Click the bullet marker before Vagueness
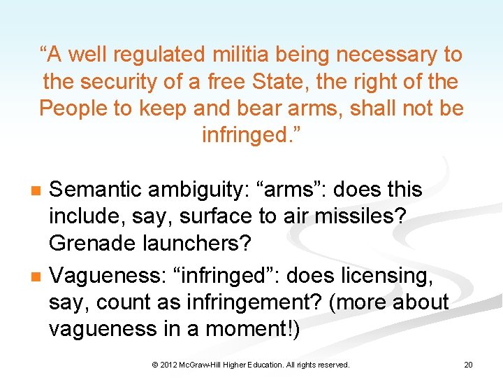(37, 277)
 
